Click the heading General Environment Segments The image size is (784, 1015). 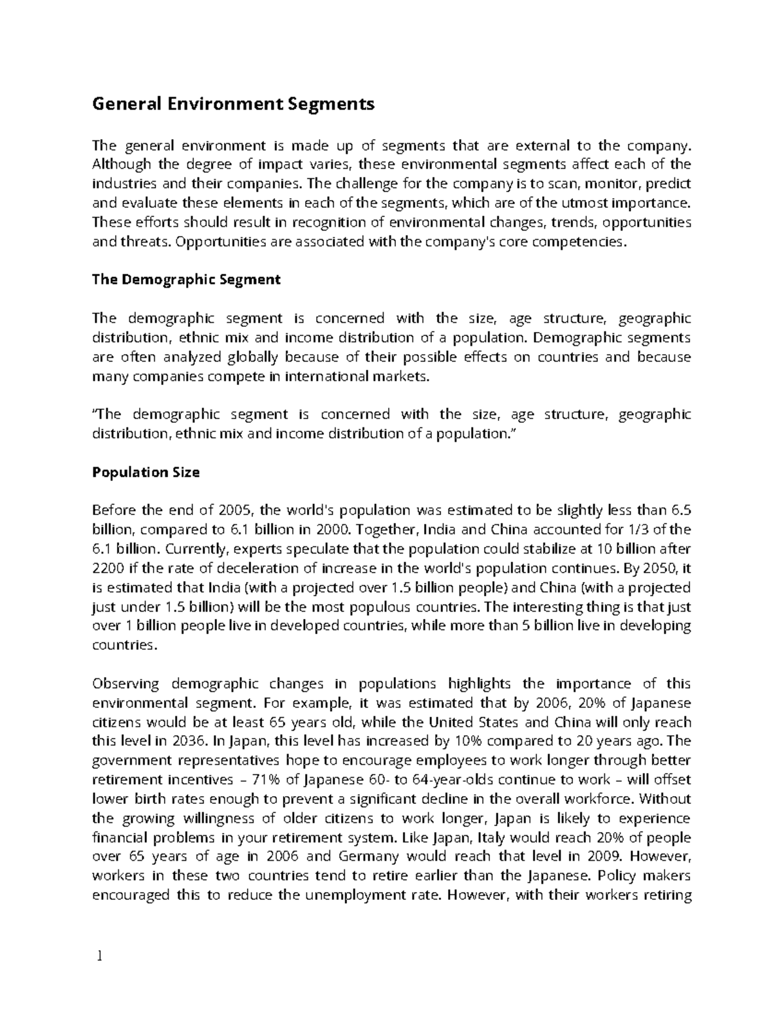(233, 104)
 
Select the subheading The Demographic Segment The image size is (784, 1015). (186, 280)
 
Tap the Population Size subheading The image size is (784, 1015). (146, 472)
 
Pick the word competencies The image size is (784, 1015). (575, 242)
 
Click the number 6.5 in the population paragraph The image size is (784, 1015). (681, 510)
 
